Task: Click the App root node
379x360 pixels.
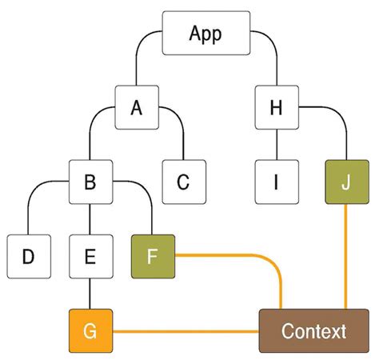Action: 205,34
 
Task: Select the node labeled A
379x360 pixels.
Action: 136,107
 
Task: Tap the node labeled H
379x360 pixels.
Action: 276,107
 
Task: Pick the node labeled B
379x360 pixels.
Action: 90,182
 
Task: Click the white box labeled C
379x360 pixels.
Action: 183,182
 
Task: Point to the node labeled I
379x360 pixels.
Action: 276,182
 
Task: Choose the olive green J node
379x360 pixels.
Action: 345,182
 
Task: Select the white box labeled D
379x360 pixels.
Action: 28,256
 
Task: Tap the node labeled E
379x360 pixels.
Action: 90,256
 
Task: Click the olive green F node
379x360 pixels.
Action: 152,256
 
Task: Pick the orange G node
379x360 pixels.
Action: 90,330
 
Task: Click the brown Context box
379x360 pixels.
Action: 313,330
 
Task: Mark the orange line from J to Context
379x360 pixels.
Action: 345,256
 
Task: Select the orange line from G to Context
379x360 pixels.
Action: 184,330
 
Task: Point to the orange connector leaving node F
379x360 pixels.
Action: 232,256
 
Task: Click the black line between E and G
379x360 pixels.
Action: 90,293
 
